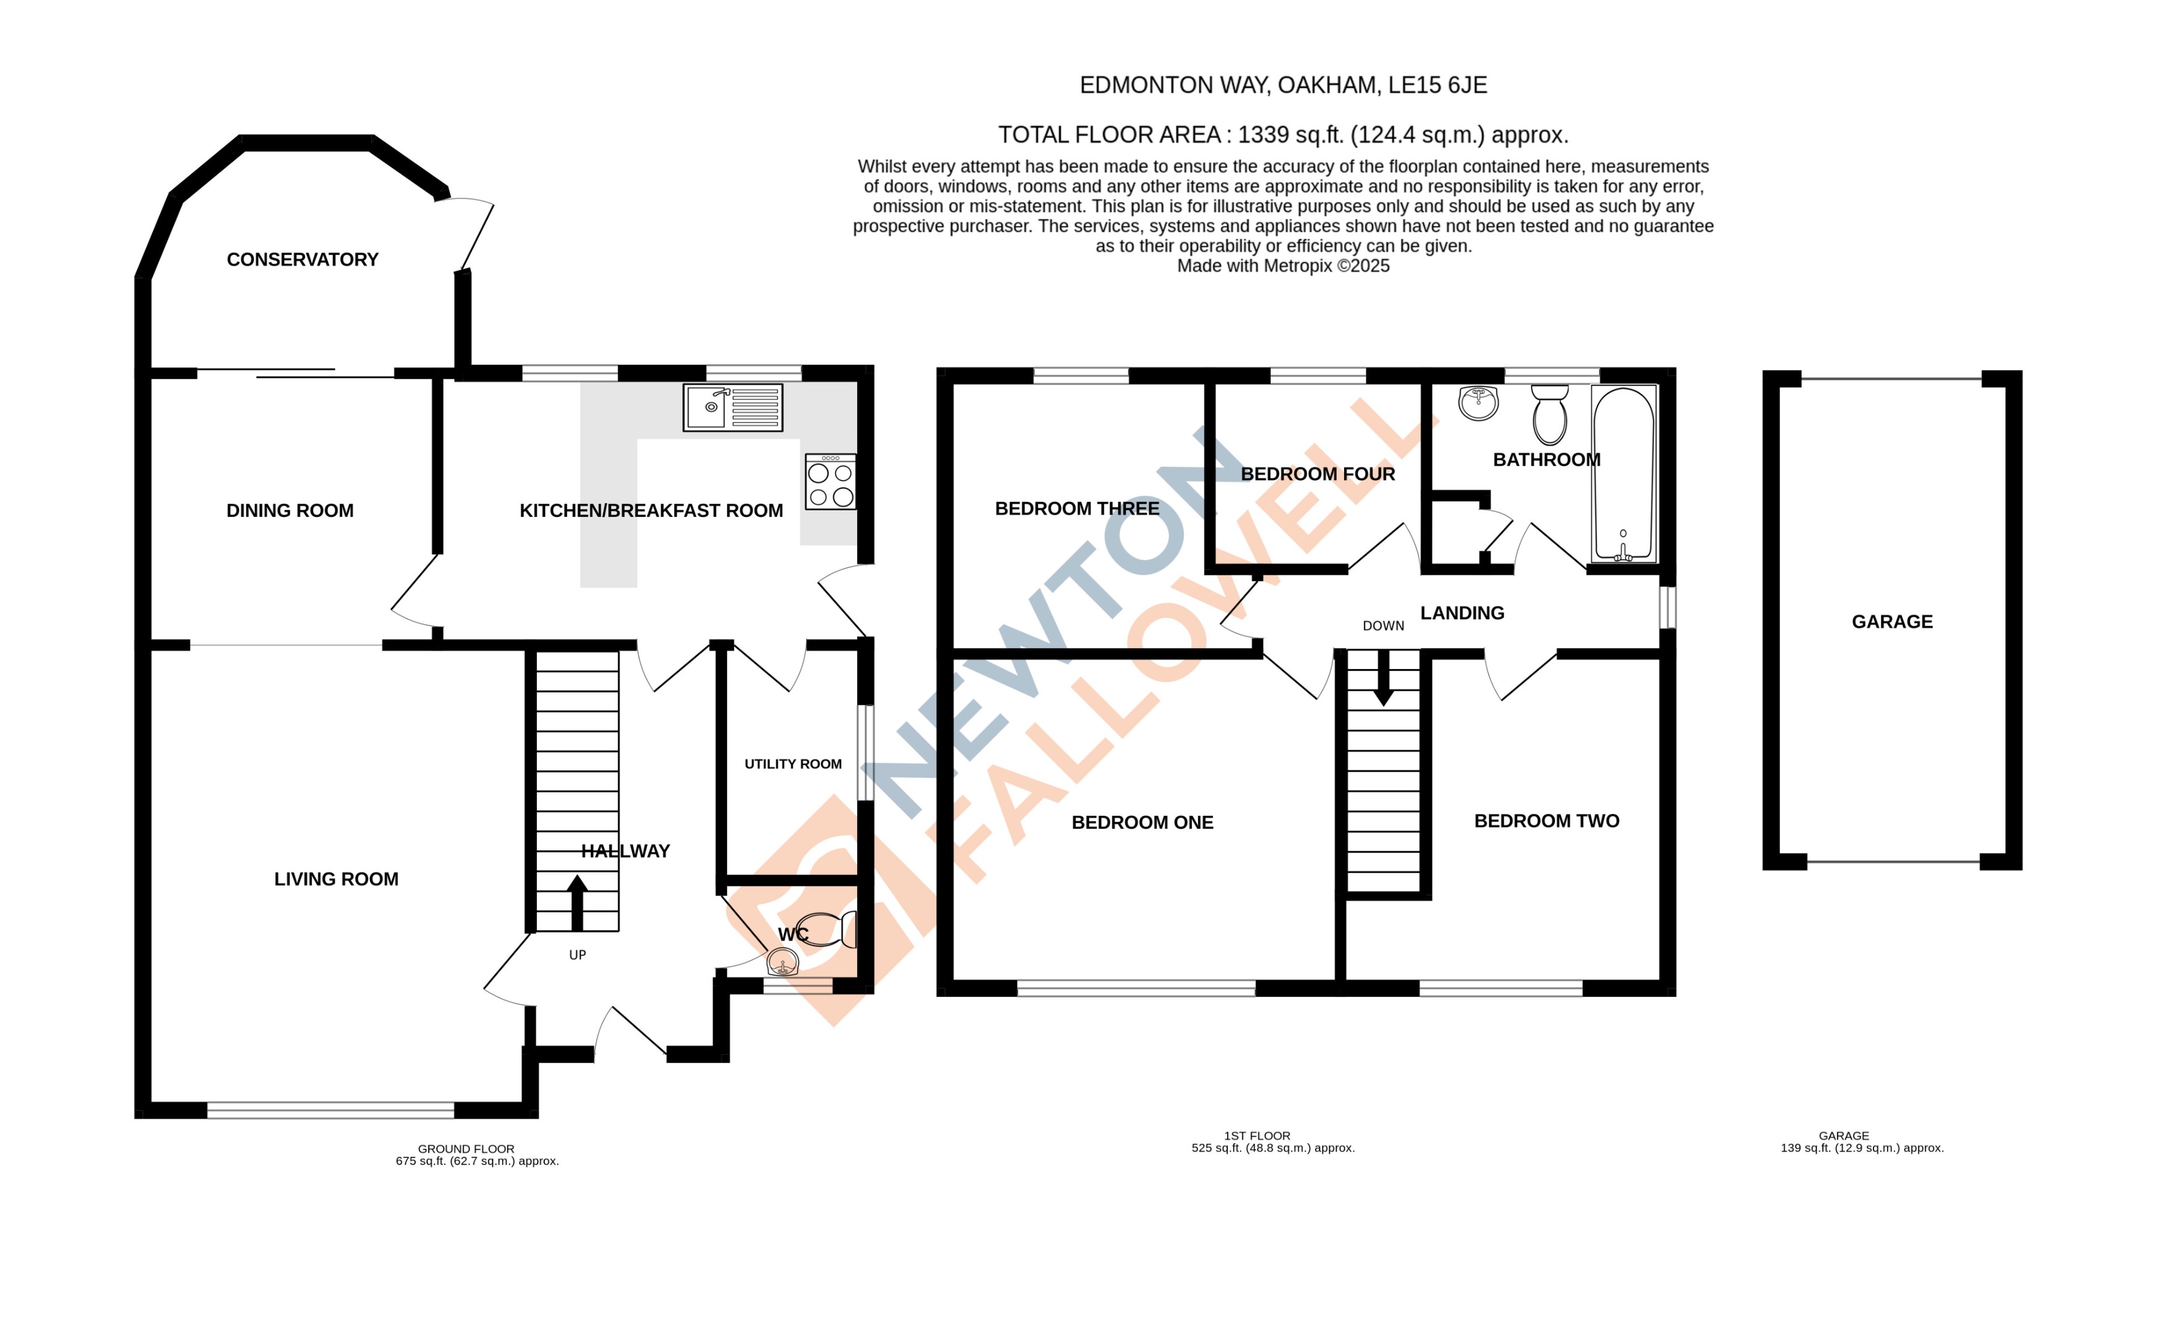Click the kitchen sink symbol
(x=732, y=407)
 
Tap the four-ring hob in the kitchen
(x=830, y=482)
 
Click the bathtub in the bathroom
(x=1623, y=473)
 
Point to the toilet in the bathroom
(x=1549, y=415)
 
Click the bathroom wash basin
(x=1478, y=402)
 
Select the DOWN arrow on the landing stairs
(x=1384, y=679)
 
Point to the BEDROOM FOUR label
(x=1317, y=474)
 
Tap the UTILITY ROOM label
(x=792, y=764)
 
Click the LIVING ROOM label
(x=336, y=879)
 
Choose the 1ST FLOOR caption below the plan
(x=1257, y=1135)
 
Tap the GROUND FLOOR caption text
(x=465, y=1149)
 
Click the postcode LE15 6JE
(x=1437, y=86)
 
